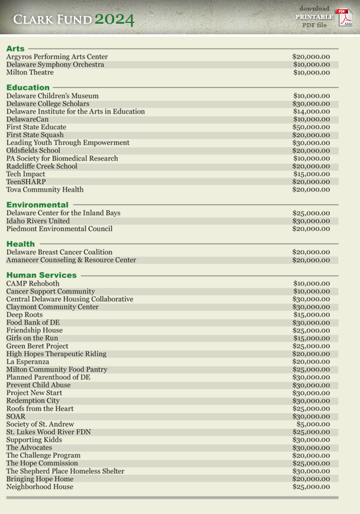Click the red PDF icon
(343, 17)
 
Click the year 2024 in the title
(115, 20)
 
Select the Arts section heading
(15, 49)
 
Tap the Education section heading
(28, 88)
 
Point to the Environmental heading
(37, 205)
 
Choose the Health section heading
(21, 244)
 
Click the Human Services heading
(41, 275)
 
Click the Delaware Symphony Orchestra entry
(55, 64)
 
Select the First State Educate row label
(36, 127)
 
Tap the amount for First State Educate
(311, 127)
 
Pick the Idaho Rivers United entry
(38, 221)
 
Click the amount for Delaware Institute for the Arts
(311, 111)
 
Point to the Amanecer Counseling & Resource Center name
(71, 260)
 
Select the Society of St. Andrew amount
(313, 424)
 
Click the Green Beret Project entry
(37, 346)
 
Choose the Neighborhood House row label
(40, 487)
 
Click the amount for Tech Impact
(311, 174)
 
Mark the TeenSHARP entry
(26, 182)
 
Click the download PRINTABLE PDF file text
(314, 17)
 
